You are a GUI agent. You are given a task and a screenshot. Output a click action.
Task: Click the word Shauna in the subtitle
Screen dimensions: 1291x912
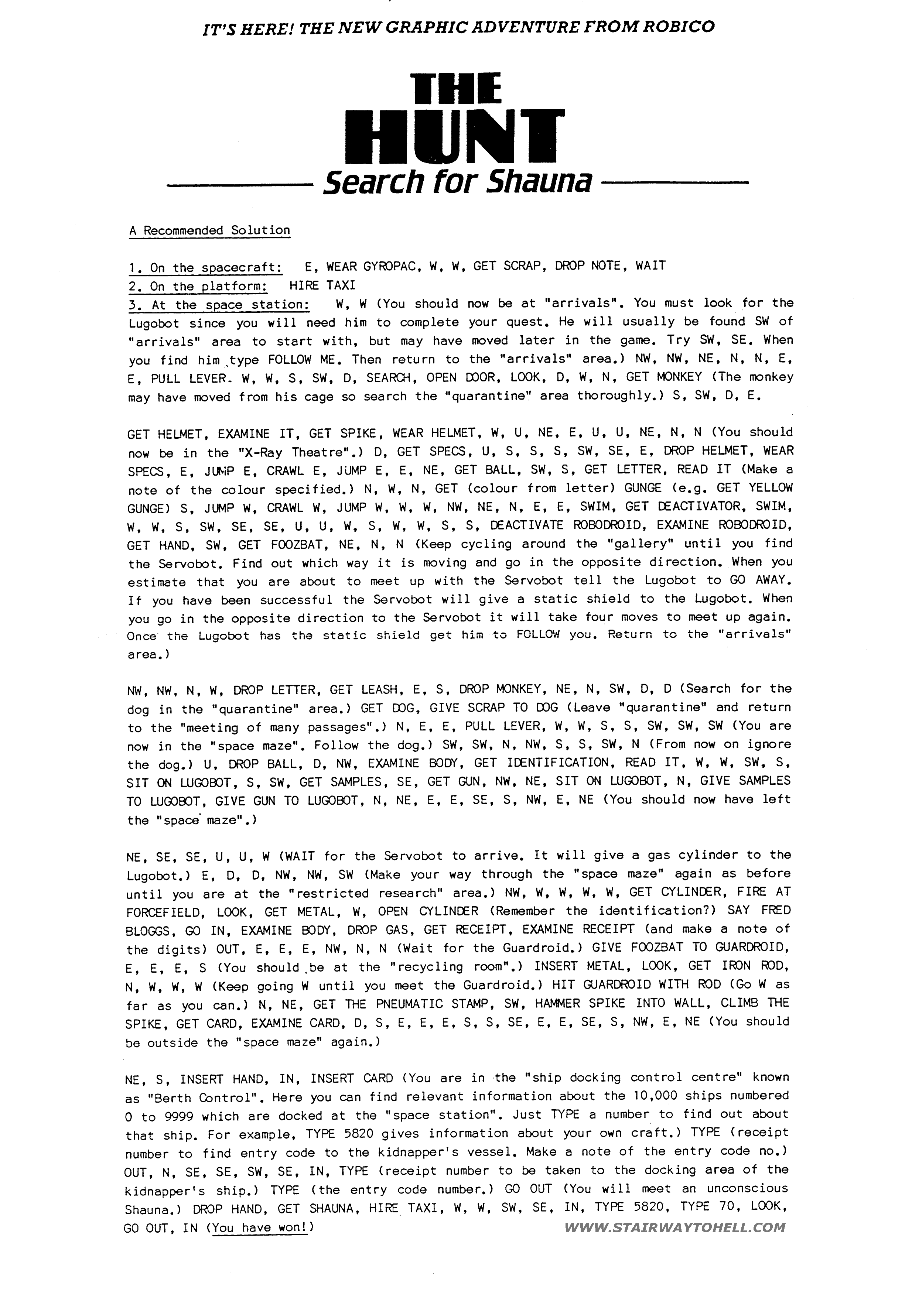coord(539,182)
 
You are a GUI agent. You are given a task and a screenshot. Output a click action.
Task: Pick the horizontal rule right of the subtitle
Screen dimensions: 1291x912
coord(675,183)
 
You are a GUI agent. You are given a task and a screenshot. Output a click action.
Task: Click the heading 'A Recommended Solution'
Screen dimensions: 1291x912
coord(209,230)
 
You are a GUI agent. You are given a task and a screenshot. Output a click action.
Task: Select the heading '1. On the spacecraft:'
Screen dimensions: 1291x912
coord(205,268)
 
